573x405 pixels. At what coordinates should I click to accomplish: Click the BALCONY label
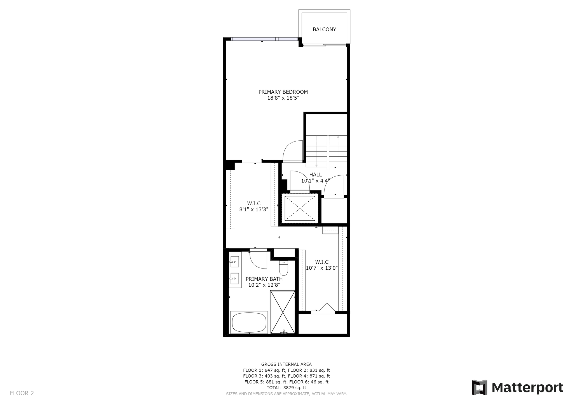324,29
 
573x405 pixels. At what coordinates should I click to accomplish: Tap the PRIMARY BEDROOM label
283,92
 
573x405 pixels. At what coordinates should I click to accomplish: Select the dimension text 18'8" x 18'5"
283,98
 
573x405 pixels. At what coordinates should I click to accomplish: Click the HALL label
316,175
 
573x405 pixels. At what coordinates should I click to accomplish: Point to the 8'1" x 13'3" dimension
254,209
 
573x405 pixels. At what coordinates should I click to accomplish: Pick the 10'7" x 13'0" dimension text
322,268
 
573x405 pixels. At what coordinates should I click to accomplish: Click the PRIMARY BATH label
264,279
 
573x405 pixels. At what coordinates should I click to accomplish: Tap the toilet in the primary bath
284,268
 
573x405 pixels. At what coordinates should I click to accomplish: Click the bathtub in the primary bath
249,322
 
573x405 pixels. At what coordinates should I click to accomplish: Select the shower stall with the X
283,312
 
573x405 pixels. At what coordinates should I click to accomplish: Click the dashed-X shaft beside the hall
300,208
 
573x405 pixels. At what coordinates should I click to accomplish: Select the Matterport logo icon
480,387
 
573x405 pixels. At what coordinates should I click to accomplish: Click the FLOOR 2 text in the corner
22,393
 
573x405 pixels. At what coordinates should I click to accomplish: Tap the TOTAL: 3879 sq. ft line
286,388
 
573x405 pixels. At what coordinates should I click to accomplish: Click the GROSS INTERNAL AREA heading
286,364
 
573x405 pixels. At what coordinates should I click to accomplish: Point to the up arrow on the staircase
338,151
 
